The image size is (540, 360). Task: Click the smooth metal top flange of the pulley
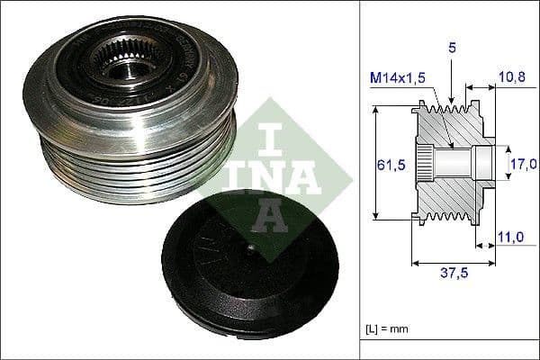pyautogui.click(x=180, y=117)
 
